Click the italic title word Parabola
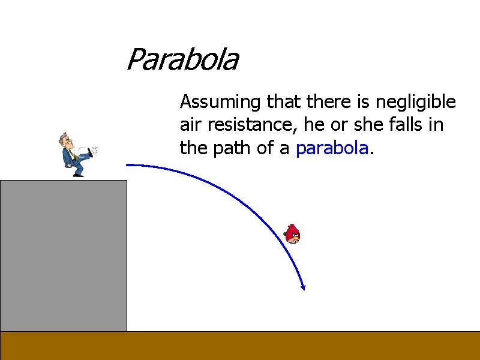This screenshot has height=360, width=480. tap(182, 60)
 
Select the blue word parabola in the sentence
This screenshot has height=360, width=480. tap(331, 148)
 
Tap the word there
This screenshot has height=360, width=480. tap(326, 103)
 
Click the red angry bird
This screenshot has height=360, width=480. tap(293, 233)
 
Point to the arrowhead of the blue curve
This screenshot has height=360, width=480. tap(304, 287)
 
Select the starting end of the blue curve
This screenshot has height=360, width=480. tap(128, 164)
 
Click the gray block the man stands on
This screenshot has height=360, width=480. tap(64, 255)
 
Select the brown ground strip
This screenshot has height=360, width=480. tap(240, 346)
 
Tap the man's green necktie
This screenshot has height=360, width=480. tap(71, 154)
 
